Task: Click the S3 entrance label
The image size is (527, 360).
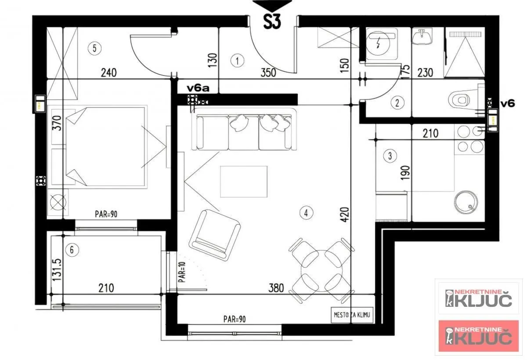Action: click(x=272, y=22)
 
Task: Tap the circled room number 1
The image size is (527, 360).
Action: click(x=237, y=61)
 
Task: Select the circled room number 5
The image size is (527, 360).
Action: click(x=93, y=48)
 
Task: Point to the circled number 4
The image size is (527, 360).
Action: click(x=306, y=213)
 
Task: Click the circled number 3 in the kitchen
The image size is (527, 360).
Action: click(x=390, y=155)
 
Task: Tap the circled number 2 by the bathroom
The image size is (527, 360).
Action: click(x=397, y=103)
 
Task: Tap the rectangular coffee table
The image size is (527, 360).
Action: click(x=244, y=182)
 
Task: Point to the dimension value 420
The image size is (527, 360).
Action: click(x=344, y=215)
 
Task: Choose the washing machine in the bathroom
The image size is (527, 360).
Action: click(x=381, y=44)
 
